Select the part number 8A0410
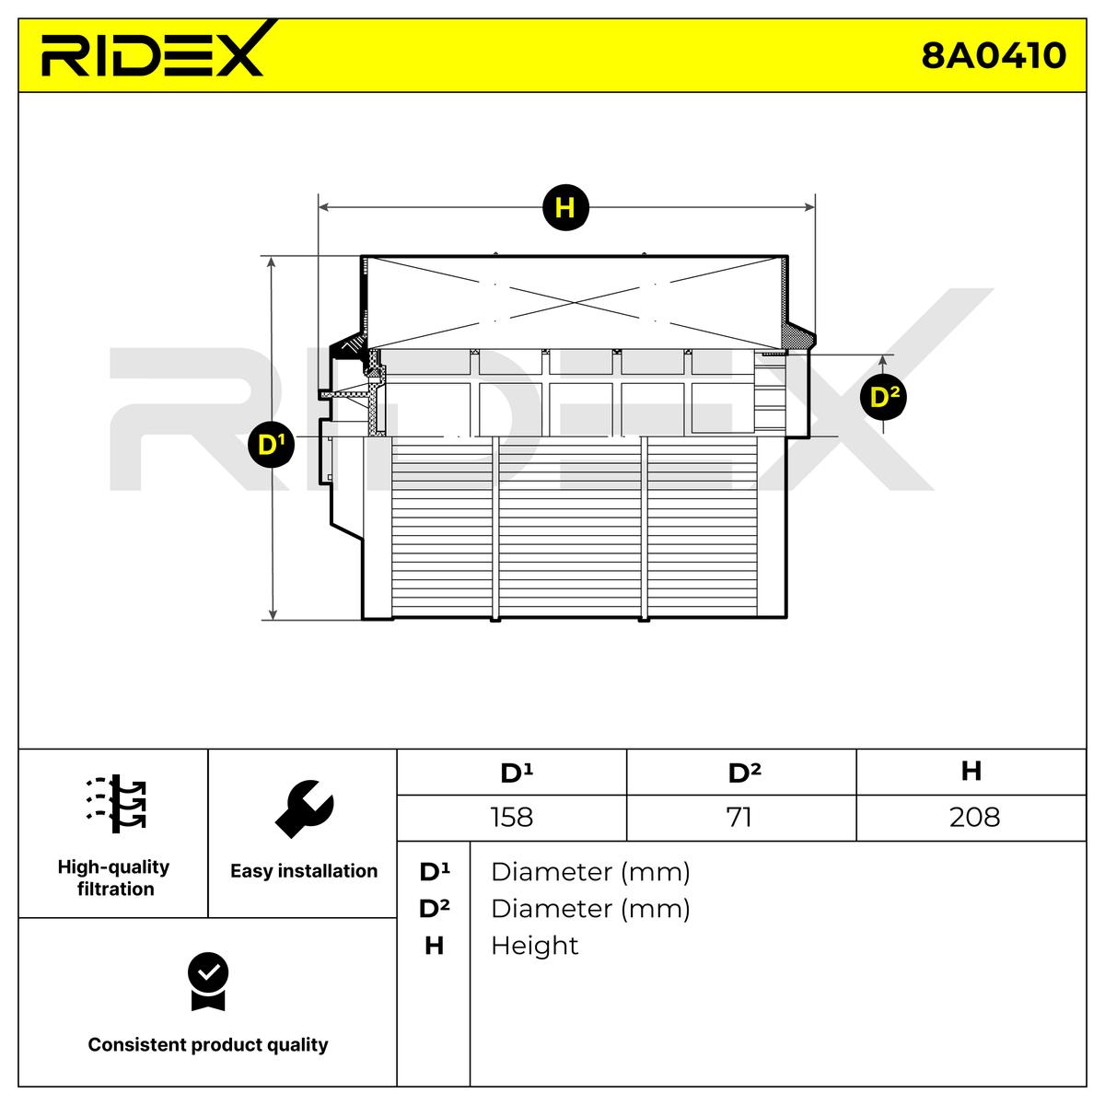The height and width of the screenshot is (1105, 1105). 994,56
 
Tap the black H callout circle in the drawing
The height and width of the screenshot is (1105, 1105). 565,207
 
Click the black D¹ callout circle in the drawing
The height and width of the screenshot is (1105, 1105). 272,445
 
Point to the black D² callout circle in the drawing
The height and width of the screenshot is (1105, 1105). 884,397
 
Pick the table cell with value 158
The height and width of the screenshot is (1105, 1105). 511,817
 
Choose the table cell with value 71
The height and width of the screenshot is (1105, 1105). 741,817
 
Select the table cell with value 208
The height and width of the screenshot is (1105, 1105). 971,817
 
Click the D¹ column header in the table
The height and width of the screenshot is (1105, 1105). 511,772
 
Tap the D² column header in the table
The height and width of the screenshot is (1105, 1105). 741,772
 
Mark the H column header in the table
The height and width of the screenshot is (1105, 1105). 971,772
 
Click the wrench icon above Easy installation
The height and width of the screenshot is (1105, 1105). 303,808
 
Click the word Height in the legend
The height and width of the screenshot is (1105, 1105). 534,946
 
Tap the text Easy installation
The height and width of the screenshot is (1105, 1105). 304,870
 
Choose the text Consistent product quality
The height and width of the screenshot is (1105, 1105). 207,1044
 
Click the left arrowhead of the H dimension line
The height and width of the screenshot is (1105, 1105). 323,207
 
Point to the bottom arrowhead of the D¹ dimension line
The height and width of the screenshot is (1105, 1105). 273,614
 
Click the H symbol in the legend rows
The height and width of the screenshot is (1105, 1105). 434,946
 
